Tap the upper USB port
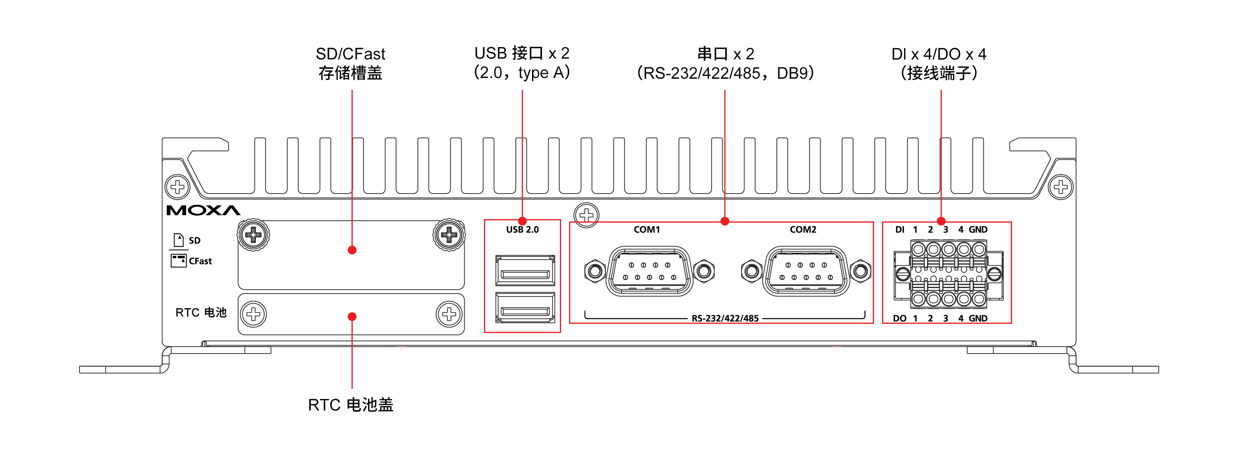click(x=525, y=271)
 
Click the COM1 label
click(x=647, y=230)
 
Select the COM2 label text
click(x=803, y=230)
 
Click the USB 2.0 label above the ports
click(x=522, y=230)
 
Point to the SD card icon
click(x=179, y=239)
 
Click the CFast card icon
click(x=179, y=261)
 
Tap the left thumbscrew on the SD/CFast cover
click(x=253, y=235)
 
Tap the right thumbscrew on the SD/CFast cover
click(x=449, y=235)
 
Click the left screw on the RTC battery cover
click(x=253, y=314)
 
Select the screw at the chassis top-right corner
click(x=1061, y=187)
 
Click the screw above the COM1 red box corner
click(x=586, y=215)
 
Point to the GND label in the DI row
click(x=978, y=230)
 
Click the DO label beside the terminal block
click(x=899, y=319)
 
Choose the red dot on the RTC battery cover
click(x=352, y=317)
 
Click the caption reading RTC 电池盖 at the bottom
click(x=350, y=405)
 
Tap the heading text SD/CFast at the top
click(x=350, y=54)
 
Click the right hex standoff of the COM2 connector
click(x=860, y=271)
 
